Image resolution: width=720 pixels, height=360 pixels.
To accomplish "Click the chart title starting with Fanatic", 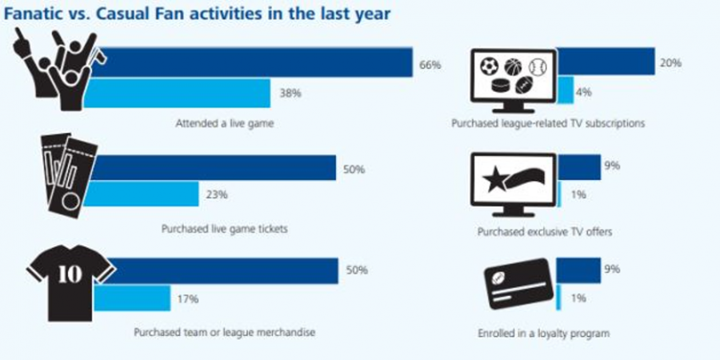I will click(186, 15).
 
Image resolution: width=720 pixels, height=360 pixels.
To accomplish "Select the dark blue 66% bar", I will click(256, 64).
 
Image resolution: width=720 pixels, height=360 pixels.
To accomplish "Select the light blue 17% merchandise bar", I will click(132, 298).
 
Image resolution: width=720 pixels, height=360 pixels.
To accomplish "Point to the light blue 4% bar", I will click(565, 91).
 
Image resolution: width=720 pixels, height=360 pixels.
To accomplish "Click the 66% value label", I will click(430, 65).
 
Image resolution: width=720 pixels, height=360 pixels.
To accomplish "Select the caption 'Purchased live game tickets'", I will click(223, 228).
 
